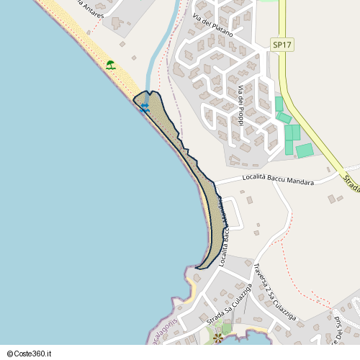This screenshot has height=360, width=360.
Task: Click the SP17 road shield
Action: pos(282,45)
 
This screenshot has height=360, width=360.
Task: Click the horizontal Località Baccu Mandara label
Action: pos(279,179)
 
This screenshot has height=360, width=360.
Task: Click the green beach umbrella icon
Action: pos(110,65)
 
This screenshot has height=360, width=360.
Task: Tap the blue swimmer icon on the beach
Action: pos(145,108)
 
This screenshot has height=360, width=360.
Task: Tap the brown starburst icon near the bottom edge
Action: pos(217,336)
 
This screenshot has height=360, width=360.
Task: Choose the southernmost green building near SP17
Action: pos(304,150)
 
